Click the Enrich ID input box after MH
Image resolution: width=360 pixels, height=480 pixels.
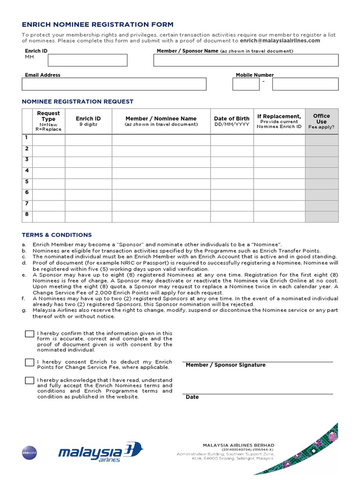[x=87, y=60]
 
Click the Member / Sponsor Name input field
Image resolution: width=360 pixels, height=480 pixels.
[x=246, y=60]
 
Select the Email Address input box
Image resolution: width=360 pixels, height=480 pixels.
[x=114, y=84]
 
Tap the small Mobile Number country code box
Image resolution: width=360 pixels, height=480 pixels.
[x=246, y=84]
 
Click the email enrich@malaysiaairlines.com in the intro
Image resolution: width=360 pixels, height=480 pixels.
[x=280, y=41]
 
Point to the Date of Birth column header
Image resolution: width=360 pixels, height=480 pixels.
[x=232, y=121]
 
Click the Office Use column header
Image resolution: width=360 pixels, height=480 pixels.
[x=321, y=121]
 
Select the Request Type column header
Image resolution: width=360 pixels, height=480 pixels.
[x=48, y=121]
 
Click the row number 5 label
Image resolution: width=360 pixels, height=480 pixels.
[x=27, y=181]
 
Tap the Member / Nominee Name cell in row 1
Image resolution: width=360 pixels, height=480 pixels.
[x=161, y=140]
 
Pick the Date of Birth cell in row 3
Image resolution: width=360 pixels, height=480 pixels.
[x=232, y=162]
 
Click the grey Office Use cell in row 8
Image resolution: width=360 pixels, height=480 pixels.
[x=321, y=217]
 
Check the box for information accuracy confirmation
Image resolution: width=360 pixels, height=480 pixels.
[x=30, y=334]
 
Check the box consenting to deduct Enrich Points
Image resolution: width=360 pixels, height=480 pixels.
[x=30, y=362]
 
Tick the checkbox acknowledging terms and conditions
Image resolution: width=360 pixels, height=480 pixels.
[x=30, y=380]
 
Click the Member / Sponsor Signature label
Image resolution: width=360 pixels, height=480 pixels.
[x=225, y=365]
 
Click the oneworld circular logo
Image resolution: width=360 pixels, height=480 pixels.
[x=29, y=452]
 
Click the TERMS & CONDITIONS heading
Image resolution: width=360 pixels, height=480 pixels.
[x=57, y=235]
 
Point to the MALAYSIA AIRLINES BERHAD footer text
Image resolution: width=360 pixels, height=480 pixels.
[x=238, y=445]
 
